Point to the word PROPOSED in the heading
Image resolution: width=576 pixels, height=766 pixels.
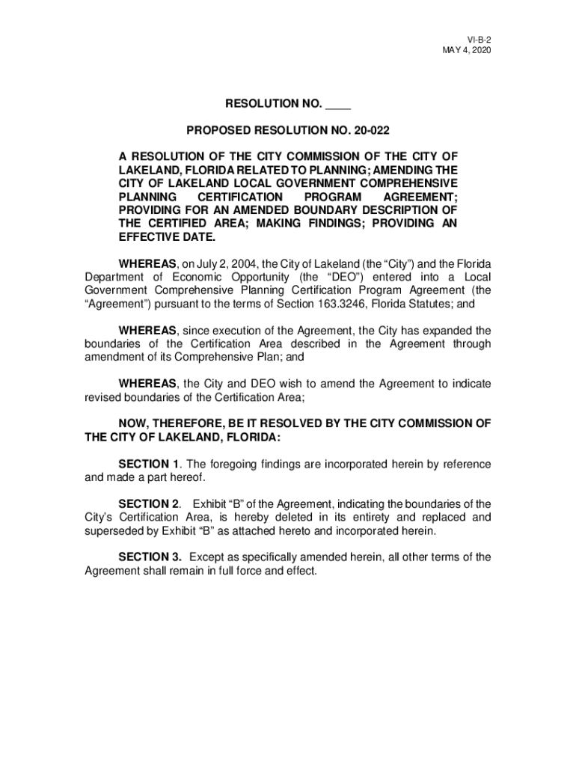tap(217, 131)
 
